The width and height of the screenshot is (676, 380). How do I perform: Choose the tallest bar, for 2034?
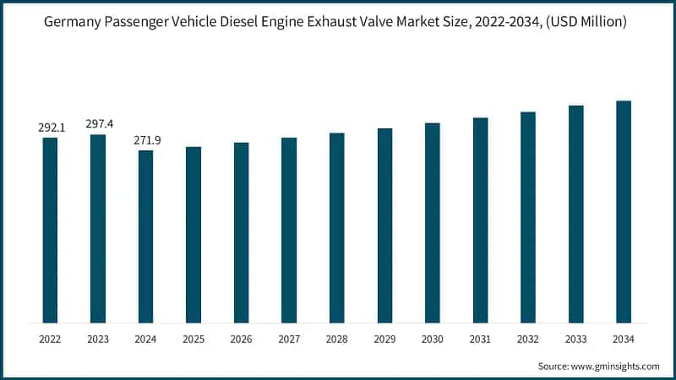(624, 210)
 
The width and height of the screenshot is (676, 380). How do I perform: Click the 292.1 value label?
(51, 128)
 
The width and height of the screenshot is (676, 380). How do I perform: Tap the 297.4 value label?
(98, 124)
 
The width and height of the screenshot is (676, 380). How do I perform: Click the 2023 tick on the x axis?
(98, 339)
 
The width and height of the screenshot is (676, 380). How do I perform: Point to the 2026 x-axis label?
(241, 339)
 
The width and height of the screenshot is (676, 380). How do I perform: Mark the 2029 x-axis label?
(384, 339)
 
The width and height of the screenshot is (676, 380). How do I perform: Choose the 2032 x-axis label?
(528, 339)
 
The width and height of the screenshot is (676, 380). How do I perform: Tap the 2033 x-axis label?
(575, 339)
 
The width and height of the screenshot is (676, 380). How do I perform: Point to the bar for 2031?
(481, 219)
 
